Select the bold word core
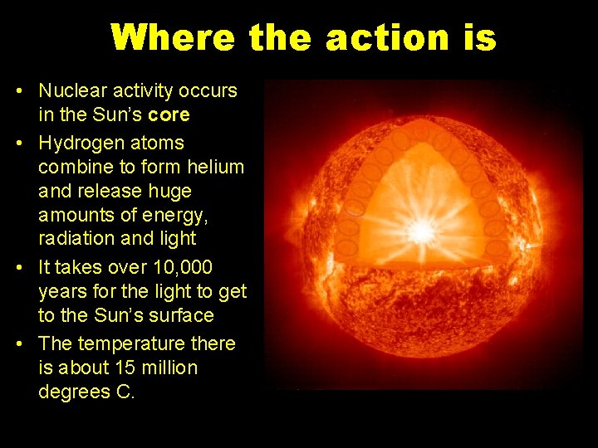[x=167, y=114]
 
